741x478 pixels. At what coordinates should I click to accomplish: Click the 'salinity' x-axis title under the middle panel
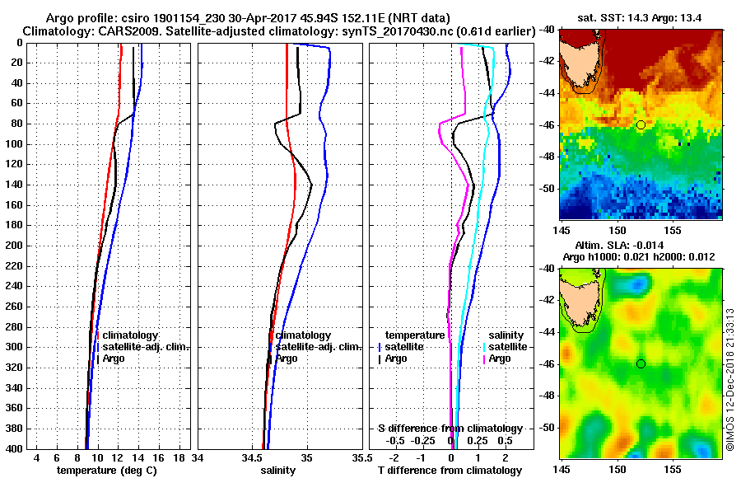277,471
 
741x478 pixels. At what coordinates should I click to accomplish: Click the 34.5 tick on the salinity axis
253,457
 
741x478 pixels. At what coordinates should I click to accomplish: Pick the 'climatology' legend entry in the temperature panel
130,335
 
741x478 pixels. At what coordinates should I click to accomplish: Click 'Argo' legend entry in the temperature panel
114,358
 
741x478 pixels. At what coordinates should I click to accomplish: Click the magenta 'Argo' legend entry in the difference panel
500,358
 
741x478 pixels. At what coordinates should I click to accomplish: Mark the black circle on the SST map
641,124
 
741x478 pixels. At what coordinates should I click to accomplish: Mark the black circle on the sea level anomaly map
641,363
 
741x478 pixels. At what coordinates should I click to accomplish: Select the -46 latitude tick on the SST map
548,125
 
